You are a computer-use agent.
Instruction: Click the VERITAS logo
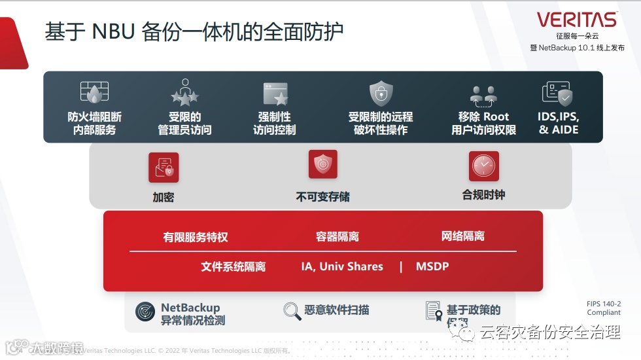(x=577, y=19)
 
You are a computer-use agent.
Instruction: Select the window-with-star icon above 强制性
(x=275, y=94)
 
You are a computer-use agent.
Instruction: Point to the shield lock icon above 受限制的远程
(x=381, y=94)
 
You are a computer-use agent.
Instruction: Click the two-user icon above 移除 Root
(x=483, y=96)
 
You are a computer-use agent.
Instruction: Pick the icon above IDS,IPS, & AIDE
(x=557, y=94)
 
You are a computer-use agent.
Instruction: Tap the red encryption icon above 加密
(x=164, y=168)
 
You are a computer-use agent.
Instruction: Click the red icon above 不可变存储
(x=322, y=164)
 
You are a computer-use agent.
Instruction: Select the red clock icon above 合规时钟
(x=483, y=166)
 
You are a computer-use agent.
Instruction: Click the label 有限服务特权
(x=196, y=237)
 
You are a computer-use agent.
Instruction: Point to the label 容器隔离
(x=338, y=236)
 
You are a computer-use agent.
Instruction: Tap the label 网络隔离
(x=463, y=236)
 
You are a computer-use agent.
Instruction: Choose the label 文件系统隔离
(x=234, y=266)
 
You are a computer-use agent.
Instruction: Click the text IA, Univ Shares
(x=342, y=266)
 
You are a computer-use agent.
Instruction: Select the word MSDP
(x=432, y=266)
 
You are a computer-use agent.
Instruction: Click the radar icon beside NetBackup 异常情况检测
(x=145, y=311)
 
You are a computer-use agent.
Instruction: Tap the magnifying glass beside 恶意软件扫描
(x=292, y=310)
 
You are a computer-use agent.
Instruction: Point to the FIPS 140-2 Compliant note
(x=603, y=308)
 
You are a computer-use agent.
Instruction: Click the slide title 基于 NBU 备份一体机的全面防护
(x=194, y=32)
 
